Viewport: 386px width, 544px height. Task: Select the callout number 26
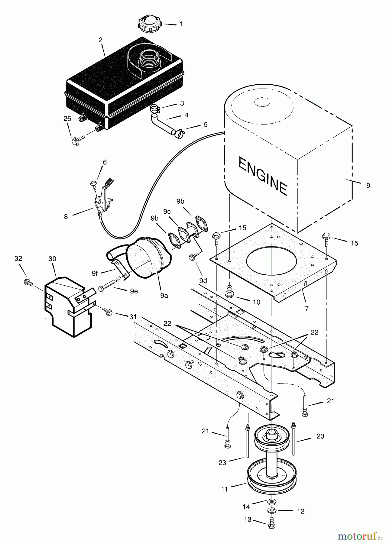[67, 119]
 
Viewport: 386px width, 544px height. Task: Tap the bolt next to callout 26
[76, 141]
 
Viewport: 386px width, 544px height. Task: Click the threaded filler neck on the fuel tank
[149, 60]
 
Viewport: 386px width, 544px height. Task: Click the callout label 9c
[167, 212]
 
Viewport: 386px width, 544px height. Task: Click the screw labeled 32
[28, 282]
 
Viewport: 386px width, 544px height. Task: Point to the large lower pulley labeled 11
[271, 476]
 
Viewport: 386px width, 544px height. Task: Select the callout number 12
[300, 511]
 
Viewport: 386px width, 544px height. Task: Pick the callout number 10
[256, 302]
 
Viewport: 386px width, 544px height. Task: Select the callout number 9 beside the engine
[368, 186]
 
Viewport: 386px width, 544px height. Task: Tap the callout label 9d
[203, 281]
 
